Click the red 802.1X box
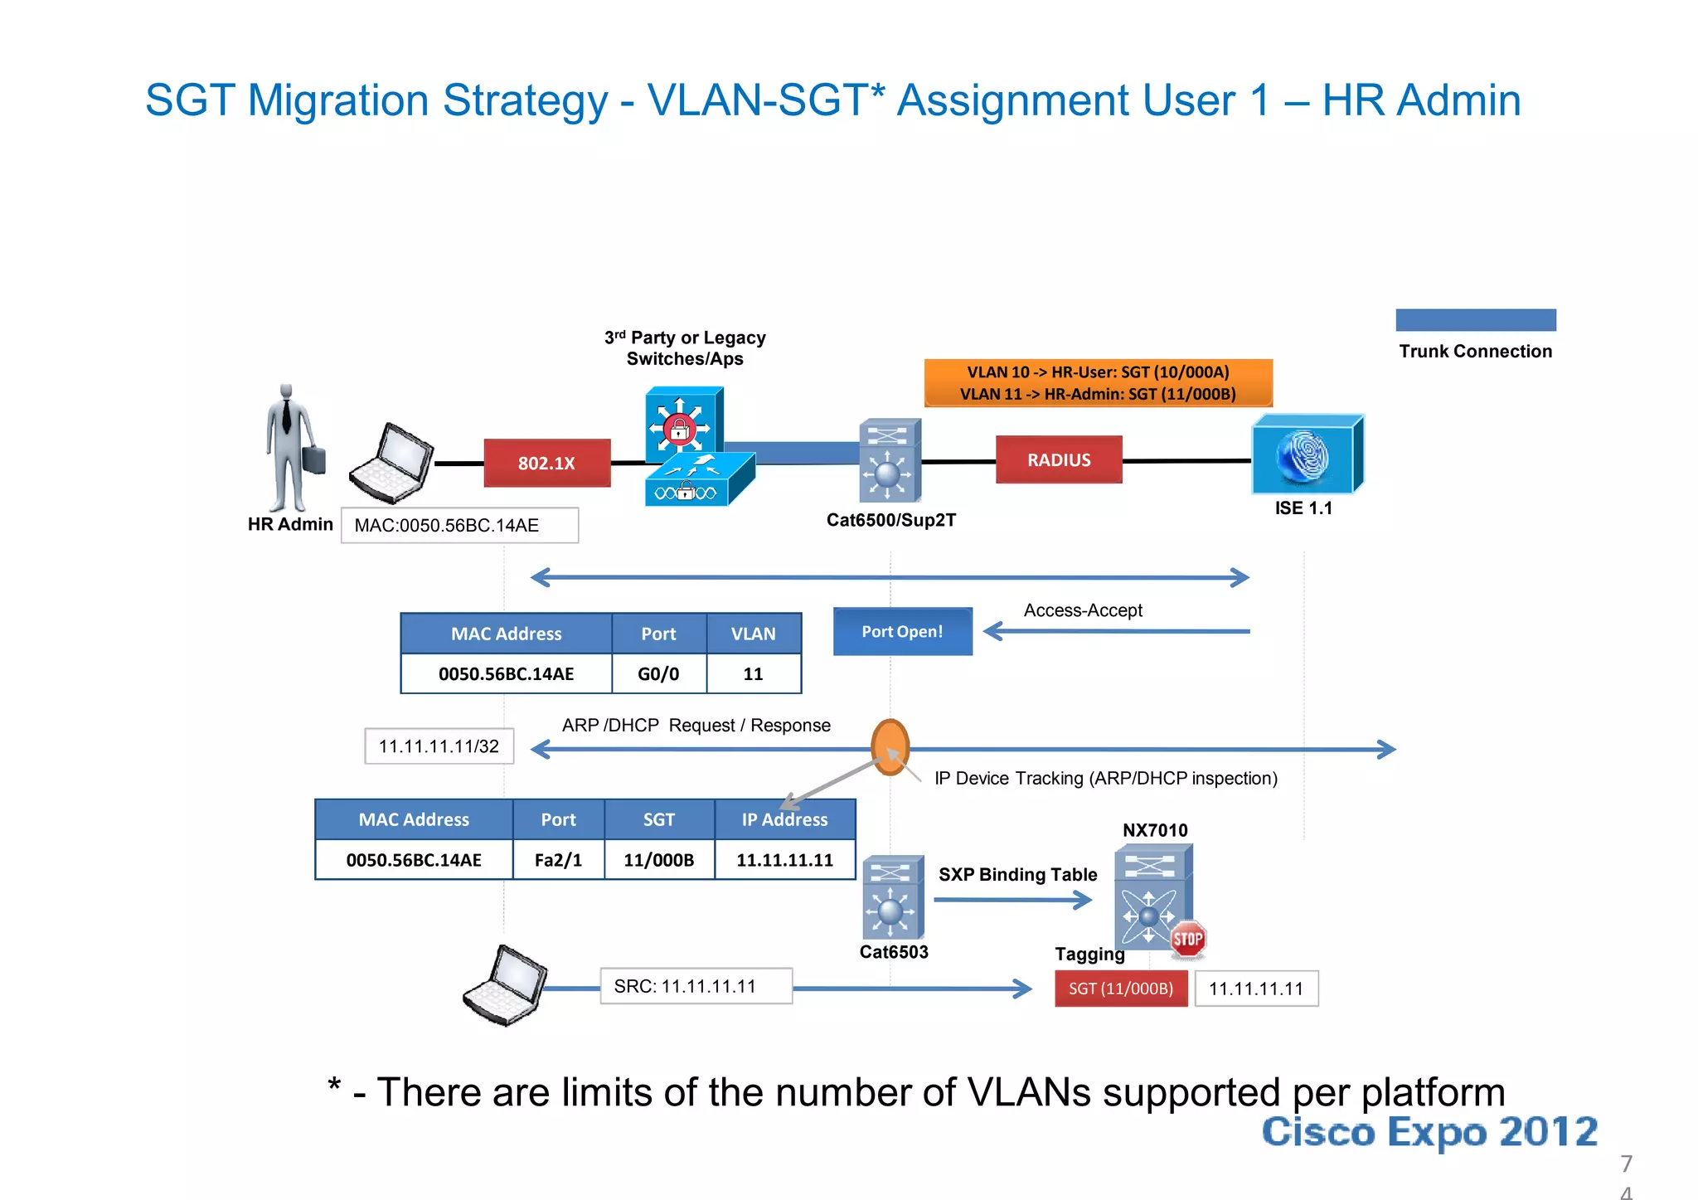pos(547,463)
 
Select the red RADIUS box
pos(1059,459)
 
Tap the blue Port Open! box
pos(902,631)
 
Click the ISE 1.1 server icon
pos(1306,454)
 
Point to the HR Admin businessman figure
pos(289,448)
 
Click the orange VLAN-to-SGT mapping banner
pos(1098,382)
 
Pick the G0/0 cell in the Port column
pos(658,673)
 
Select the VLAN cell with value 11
pos(753,673)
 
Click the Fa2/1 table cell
pos(558,860)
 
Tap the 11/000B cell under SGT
pos(658,860)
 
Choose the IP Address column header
pos(784,819)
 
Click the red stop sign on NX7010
pos(1187,940)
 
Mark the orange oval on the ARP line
pos(890,747)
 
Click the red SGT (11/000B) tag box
pos(1120,989)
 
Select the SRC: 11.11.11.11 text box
pos(696,986)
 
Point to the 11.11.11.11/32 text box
pos(439,746)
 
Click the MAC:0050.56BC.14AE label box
pos(459,525)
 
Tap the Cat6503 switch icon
pos(892,898)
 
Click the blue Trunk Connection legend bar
pos(1475,320)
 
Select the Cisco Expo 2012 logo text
pos(1429,1132)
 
